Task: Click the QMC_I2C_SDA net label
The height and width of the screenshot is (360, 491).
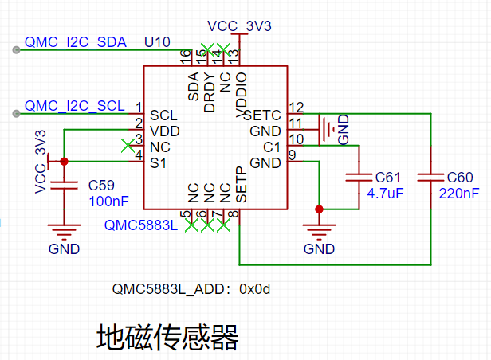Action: tap(76, 42)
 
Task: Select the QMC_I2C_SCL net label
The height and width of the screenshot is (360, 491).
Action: tap(75, 106)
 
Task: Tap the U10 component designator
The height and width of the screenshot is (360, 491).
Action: tap(157, 42)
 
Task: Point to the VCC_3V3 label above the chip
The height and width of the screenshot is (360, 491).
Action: tap(239, 26)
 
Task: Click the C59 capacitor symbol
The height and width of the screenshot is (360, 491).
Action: tap(65, 185)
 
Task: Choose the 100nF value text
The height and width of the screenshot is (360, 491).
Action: tap(108, 202)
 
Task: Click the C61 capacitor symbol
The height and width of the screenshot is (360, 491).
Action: tap(359, 178)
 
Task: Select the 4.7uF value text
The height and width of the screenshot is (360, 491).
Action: tap(385, 194)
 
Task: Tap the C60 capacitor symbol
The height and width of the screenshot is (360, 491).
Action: tap(431, 178)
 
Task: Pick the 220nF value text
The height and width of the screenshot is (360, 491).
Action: tap(459, 194)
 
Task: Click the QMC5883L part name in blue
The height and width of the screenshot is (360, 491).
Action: tap(141, 225)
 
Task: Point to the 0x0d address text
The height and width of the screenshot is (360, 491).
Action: tap(254, 289)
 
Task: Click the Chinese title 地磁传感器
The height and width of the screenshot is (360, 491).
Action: tap(167, 337)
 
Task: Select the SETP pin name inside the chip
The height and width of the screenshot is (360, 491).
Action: tap(241, 185)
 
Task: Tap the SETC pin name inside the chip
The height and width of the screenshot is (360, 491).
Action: tap(262, 115)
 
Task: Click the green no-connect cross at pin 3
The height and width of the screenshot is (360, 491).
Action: tap(128, 146)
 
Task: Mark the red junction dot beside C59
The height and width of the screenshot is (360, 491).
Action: tap(65, 162)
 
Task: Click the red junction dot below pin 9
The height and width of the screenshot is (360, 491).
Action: tap(319, 209)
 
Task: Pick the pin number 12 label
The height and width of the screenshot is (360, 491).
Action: tap(297, 108)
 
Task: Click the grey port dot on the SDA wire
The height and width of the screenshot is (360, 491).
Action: tap(16, 50)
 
